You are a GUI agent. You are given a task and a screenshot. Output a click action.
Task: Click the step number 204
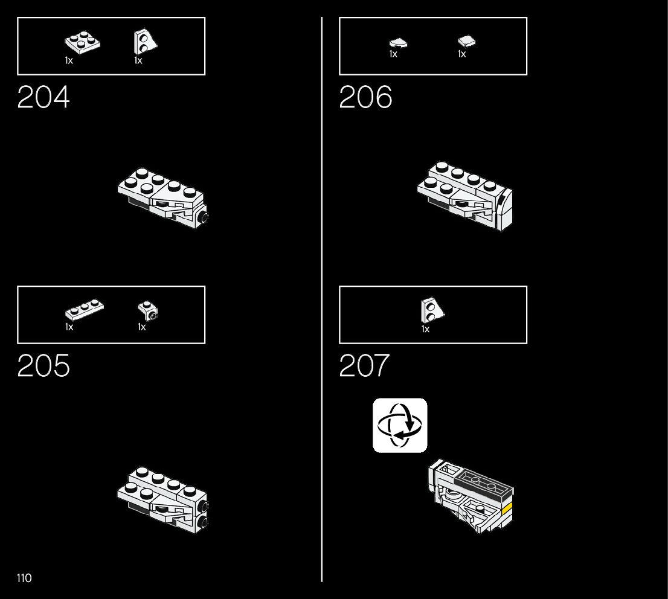[43, 97]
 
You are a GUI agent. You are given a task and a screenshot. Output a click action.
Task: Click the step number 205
[43, 366]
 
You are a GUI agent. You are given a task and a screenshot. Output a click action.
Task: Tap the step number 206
[365, 97]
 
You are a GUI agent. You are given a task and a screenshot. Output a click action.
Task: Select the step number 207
[365, 366]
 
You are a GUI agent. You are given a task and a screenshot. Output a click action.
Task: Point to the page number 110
[24, 578]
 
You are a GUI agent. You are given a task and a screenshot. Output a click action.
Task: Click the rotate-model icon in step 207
[400, 425]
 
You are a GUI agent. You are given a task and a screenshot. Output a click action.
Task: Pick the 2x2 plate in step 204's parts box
[82, 43]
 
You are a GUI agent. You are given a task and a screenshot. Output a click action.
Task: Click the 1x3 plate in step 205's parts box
[84, 310]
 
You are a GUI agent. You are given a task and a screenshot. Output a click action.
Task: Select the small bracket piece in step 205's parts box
[149, 310]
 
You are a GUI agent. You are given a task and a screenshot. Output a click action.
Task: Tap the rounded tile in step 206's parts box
[397, 43]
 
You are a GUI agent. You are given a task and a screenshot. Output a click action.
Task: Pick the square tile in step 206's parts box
[466, 41]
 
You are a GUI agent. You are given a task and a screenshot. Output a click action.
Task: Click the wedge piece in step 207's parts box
[432, 311]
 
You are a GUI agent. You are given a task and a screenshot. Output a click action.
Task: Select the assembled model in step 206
[465, 194]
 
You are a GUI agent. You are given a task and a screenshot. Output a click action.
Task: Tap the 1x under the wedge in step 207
[425, 329]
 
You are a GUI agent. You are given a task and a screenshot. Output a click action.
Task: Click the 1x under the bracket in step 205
[141, 327]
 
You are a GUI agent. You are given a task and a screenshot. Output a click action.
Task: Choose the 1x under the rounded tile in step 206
[393, 54]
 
